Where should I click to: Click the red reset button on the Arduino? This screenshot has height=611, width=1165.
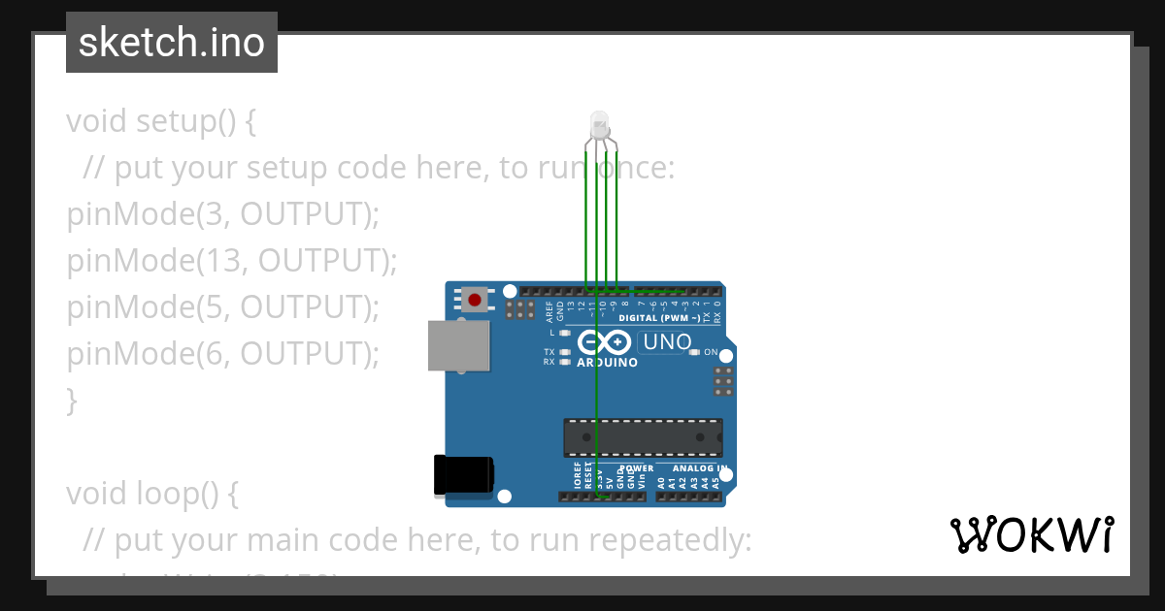pyautogui.click(x=474, y=300)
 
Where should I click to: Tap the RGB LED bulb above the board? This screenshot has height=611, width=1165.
pyautogui.click(x=599, y=123)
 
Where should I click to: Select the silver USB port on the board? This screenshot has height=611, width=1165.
pyautogui.click(x=458, y=346)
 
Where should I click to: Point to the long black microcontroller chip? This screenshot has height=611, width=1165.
pyautogui.click(x=643, y=437)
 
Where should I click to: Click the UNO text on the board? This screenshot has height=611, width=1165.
pyautogui.click(x=668, y=341)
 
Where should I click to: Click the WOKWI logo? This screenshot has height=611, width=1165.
pyautogui.click(x=1031, y=534)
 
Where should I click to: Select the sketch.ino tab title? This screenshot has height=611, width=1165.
pyautogui.click(x=172, y=43)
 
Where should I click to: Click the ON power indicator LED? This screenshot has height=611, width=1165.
pyautogui.click(x=694, y=352)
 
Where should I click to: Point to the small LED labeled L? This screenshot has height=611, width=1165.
pyautogui.click(x=564, y=332)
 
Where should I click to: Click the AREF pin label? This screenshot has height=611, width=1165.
pyautogui.click(x=549, y=311)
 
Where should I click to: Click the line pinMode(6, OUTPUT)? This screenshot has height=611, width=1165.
pyautogui.click(x=222, y=354)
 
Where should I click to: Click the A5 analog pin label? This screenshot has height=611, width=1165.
pyautogui.click(x=716, y=481)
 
